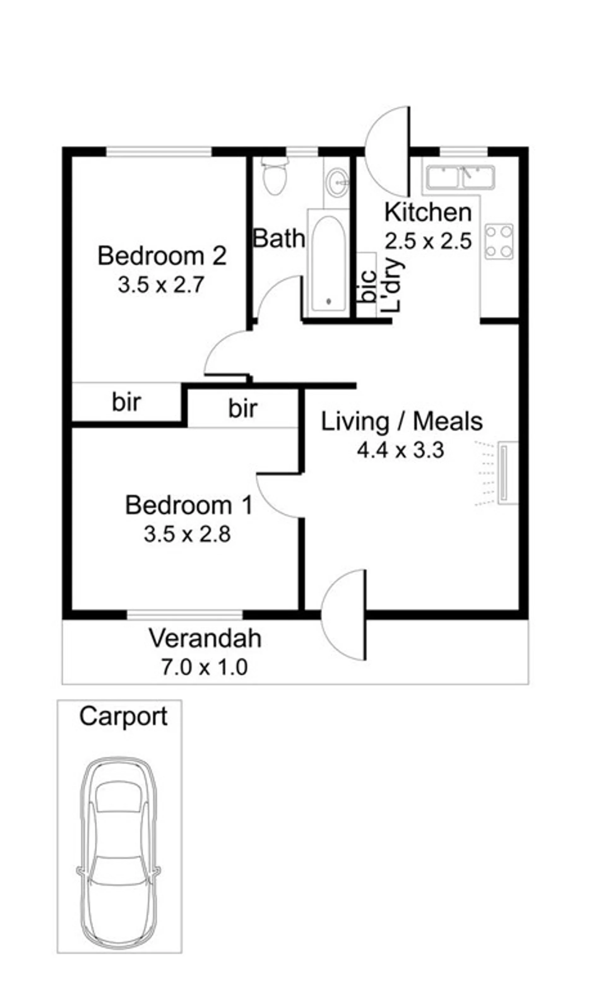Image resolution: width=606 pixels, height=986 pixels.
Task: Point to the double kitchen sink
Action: [460, 177]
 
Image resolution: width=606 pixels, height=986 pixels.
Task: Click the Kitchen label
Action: [428, 212]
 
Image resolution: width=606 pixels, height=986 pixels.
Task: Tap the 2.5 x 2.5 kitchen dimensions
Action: [428, 241]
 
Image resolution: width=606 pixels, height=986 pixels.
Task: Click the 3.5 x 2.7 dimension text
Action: [161, 285]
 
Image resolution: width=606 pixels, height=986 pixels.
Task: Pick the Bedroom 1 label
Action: [189, 505]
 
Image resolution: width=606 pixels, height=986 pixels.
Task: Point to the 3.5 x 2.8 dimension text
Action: [187, 534]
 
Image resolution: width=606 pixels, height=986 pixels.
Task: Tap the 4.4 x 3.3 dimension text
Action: [401, 450]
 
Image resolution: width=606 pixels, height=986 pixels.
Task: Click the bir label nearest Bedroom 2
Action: [126, 402]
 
